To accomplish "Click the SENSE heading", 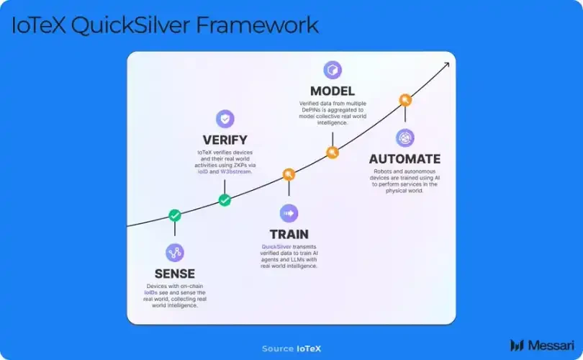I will click(x=175, y=274).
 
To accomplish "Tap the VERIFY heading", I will click(x=225, y=140).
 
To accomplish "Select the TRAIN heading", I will click(x=289, y=234).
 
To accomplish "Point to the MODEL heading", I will click(x=332, y=91).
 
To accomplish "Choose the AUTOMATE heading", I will click(x=405, y=159).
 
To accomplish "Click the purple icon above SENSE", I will click(x=175, y=252).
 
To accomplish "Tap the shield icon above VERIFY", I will click(x=225, y=119).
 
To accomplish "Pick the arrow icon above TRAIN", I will click(x=289, y=213).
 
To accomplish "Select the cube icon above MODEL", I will click(x=333, y=70).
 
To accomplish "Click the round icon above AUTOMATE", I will click(x=405, y=138).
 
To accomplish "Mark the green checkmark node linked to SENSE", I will click(x=175, y=215).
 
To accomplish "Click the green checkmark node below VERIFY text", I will click(x=225, y=200).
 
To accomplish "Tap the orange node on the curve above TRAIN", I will click(x=289, y=174).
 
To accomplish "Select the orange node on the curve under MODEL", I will click(x=332, y=152).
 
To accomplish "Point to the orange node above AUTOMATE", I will click(x=405, y=100).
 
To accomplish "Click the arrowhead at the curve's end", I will click(x=446, y=64).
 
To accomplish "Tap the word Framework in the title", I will click(x=257, y=26).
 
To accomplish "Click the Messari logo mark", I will click(x=516, y=346).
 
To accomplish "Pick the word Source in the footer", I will click(x=277, y=348).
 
